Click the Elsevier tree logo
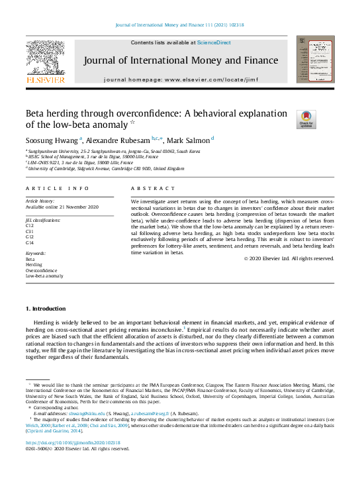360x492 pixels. (45, 59)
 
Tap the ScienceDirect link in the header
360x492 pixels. (214, 42)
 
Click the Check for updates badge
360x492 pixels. (306, 119)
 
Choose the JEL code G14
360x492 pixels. (30, 242)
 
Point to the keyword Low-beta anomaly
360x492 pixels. (44, 276)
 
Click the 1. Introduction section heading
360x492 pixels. (46, 309)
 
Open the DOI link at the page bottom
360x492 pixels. (73, 442)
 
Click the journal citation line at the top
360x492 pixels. (179, 25)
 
